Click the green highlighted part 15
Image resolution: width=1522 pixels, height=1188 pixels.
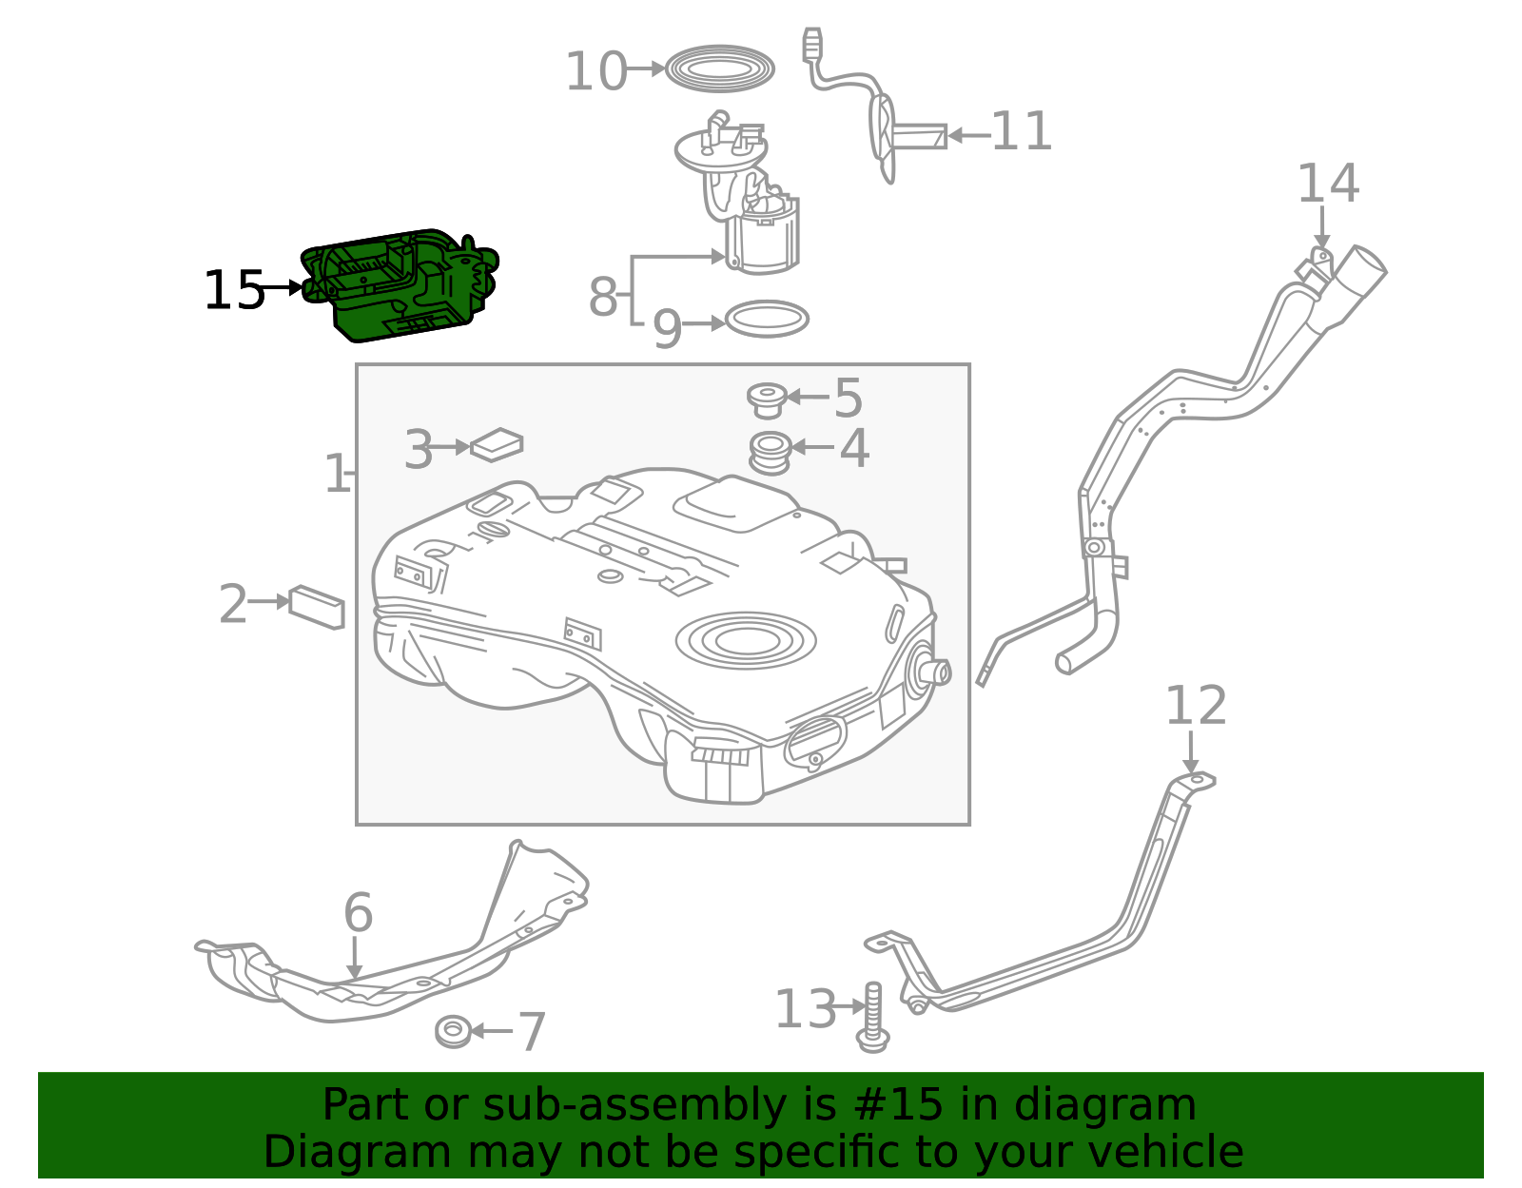(x=400, y=285)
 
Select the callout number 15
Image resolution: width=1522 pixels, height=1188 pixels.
(x=233, y=290)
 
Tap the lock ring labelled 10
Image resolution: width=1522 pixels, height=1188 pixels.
(x=719, y=68)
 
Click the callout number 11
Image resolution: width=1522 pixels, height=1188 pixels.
(x=1022, y=132)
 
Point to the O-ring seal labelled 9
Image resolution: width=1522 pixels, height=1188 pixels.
(x=767, y=320)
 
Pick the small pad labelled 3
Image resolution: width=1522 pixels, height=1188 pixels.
(x=497, y=444)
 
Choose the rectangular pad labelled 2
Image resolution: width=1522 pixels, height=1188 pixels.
(x=317, y=607)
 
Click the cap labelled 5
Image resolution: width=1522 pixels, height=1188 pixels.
(x=767, y=399)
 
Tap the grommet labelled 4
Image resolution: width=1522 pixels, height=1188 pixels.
(x=771, y=452)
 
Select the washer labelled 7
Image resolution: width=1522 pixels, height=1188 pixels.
(x=453, y=1031)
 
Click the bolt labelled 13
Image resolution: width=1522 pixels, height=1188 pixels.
(x=872, y=1018)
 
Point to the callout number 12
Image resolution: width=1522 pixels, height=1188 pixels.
(x=1196, y=707)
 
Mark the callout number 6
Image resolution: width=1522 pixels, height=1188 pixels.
(x=358, y=913)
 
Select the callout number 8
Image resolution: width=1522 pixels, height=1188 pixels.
(x=603, y=297)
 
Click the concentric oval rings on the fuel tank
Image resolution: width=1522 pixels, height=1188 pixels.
(x=746, y=640)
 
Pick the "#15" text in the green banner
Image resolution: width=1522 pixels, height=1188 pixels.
(x=898, y=1105)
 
